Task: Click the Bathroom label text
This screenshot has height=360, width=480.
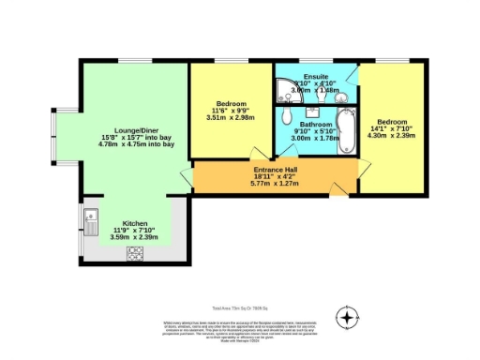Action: tap(310, 123)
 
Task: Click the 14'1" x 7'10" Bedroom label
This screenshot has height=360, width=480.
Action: tap(394, 122)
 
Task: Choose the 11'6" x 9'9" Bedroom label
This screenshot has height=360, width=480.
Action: tap(232, 103)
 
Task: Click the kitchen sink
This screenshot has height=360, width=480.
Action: tap(95, 223)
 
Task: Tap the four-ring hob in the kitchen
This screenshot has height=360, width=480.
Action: tap(135, 252)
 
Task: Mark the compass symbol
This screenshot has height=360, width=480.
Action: tap(348, 319)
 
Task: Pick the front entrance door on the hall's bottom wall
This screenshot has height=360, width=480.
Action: tap(337, 191)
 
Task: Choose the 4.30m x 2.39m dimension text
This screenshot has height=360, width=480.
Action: tap(394, 138)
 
